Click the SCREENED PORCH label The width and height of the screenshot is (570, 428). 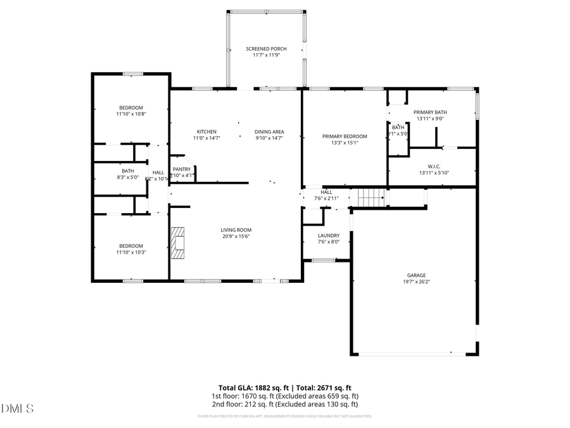click(x=266, y=49)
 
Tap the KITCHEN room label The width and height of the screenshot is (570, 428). click(x=206, y=131)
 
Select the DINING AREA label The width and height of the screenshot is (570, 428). click(x=269, y=131)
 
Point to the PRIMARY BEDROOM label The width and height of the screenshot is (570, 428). click(x=345, y=136)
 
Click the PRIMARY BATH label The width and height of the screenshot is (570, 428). click(x=431, y=112)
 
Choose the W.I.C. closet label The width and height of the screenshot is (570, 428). click(x=434, y=167)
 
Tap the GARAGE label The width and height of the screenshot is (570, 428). click(x=416, y=275)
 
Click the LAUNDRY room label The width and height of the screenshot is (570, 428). click(x=329, y=235)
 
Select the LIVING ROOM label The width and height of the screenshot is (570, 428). click(x=236, y=230)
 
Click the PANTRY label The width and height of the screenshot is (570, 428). click(x=182, y=169)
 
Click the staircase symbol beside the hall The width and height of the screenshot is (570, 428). click(x=371, y=198)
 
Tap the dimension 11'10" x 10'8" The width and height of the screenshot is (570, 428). click(x=131, y=114)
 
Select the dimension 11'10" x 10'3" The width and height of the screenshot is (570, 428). click(x=131, y=252)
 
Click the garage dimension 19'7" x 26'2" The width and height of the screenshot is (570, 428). click(x=416, y=282)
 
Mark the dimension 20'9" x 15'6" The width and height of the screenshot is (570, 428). click(x=236, y=237)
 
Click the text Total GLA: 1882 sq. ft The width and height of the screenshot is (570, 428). click(x=252, y=387)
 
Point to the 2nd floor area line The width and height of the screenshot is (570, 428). click(x=284, y=404)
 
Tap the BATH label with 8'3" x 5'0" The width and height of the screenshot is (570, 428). click(x=128, y=171)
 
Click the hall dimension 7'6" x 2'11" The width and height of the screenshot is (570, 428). click(x=326, y=198)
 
